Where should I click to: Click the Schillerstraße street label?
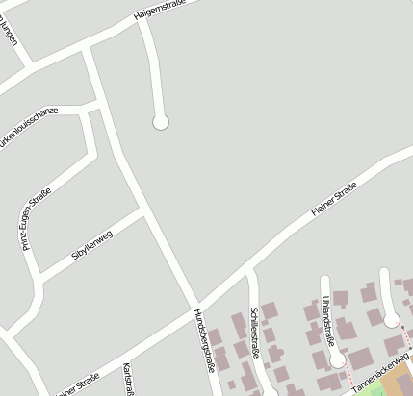[x=255, y=333]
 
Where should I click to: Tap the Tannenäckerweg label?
[x=381, y=375]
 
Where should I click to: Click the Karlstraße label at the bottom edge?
[x=127, y=379]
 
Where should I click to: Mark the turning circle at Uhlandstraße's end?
[x=337, y=360]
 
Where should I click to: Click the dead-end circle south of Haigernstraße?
[x=161, y=121]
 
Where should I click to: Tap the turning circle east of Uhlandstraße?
[x=391, y=319]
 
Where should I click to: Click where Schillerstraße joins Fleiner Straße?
[x=249, y=273]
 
